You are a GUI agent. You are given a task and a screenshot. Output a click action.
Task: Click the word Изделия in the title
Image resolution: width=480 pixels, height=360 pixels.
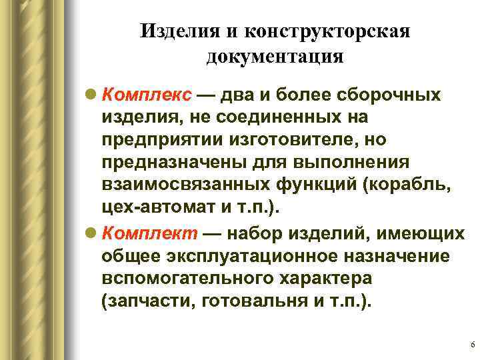pyautogui.click(x=171, y=32)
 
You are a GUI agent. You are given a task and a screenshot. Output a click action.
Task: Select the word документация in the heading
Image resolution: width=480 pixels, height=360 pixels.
pyautogui.click(x=275, y=57)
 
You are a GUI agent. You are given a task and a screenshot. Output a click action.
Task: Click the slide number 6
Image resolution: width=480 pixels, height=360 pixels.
pyautogui.click(x=472, y=345)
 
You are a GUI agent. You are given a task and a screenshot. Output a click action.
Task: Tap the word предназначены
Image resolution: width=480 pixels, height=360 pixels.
pyautogui.click(x=169, y=165)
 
